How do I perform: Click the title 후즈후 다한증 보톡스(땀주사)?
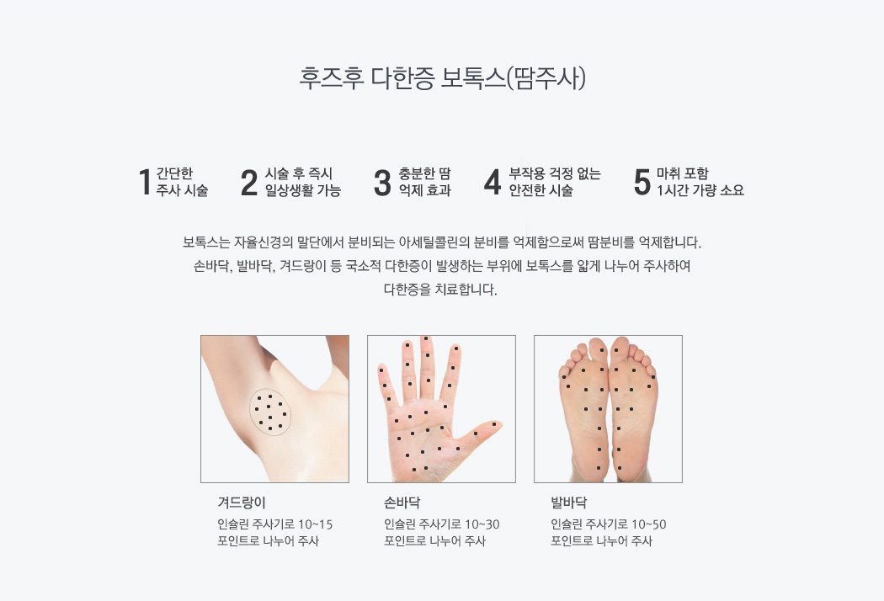coord(443,78)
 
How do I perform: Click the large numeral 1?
coord(145,182)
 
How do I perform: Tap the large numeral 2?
coord(248,182)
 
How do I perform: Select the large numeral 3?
coord(382,182)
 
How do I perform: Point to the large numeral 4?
coord(493,182)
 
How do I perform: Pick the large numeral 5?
coord(642,182)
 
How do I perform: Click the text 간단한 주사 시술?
coord(182,182)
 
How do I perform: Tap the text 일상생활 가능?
coord(303,190)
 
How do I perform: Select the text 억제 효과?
coord(425,190)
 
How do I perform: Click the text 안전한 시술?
coord(541,190)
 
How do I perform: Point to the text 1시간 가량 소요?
coord(700,190)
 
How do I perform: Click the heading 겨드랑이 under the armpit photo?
coord(242,503)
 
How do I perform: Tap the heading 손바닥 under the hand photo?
coord(402,503)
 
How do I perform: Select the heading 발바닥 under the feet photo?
coord(569,503)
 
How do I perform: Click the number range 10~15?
coord(315,525)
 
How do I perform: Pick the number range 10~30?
coord(482,525)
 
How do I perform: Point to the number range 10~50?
coord(649,525)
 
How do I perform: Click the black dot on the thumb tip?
coord(494,424)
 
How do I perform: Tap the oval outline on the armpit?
coord(250,411)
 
